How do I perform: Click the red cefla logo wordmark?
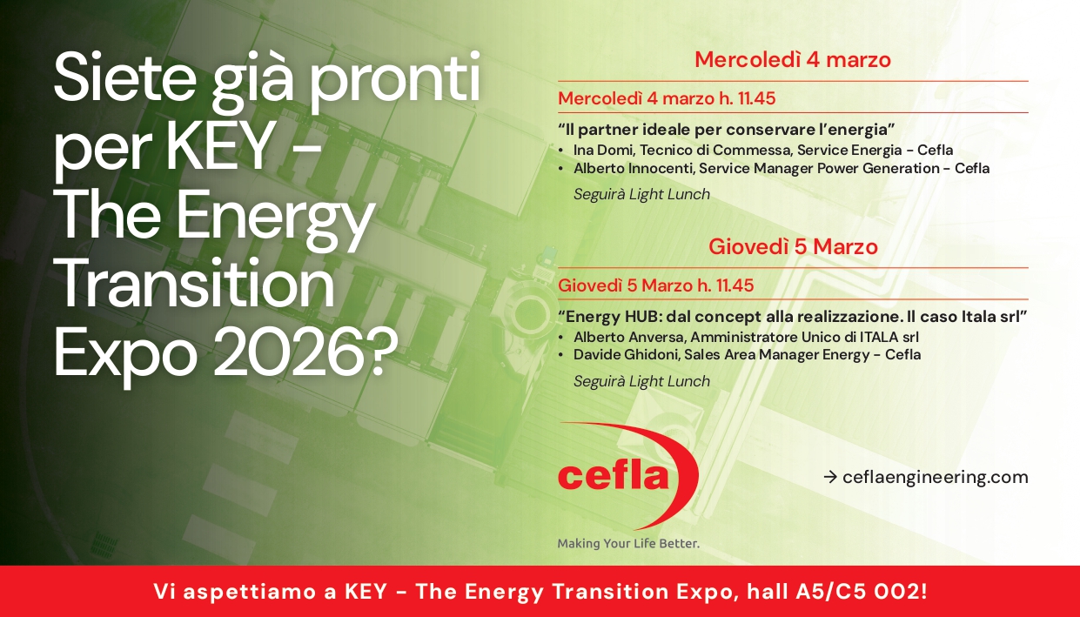613,476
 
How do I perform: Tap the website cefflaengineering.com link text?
935,477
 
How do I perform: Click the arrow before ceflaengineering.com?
829,477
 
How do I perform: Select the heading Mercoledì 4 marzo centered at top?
793,60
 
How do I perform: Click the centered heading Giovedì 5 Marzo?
793,246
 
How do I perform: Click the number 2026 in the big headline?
286,351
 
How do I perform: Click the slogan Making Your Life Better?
628,543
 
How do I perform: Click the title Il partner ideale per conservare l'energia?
726,130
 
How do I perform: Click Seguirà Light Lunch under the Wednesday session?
641,194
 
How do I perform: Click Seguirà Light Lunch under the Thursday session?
641,381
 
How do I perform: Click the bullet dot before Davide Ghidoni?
560,356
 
